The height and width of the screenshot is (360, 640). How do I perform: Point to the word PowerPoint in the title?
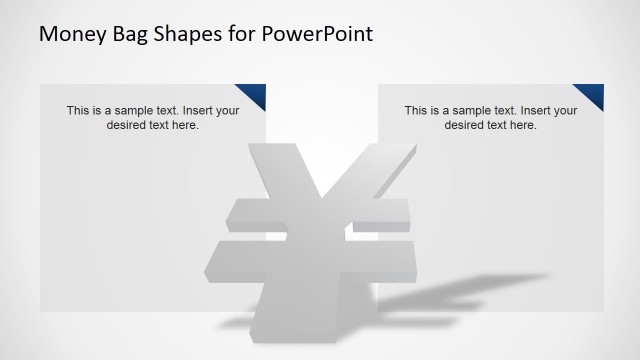[320, 34]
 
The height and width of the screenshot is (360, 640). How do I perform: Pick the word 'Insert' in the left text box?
[200, 111]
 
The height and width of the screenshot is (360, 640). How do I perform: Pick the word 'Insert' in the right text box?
[538, 111]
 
